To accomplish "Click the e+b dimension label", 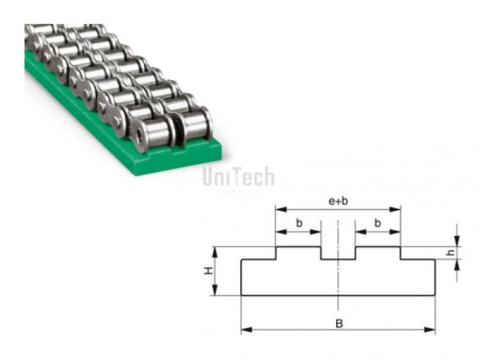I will [x=338, y=200].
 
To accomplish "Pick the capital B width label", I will [x=338, y=322].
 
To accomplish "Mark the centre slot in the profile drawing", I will [x=338, y=253].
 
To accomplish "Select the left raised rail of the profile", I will [x=298, y=253].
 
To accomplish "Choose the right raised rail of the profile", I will [x=378, y=253].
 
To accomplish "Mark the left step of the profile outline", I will [x=258, y=260].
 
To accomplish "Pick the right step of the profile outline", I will [x=418, y=260].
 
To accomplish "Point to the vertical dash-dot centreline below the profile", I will [x=338, y=304].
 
